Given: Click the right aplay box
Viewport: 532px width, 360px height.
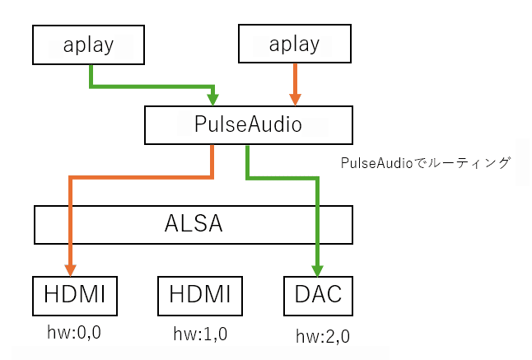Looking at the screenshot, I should [x=294, y=44].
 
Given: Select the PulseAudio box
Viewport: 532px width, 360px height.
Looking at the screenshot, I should [x=248, y=125].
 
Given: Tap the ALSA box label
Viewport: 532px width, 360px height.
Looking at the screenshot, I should [x=194, y=225].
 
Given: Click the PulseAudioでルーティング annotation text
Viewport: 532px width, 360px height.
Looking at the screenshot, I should [x=426, y=162].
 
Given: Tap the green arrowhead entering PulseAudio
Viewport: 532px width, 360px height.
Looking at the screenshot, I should [x=214, y=99].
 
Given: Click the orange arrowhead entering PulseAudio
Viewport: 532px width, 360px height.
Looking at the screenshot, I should [x=294, y=99].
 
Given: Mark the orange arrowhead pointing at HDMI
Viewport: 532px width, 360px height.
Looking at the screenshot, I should [x=72, y=269].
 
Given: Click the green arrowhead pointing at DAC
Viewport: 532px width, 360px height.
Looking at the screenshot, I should [x=318, y=269].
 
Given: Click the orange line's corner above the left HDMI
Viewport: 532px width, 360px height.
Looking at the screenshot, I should [x=72, y=175].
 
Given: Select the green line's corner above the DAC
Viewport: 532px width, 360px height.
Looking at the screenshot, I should [x=318, y=175].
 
